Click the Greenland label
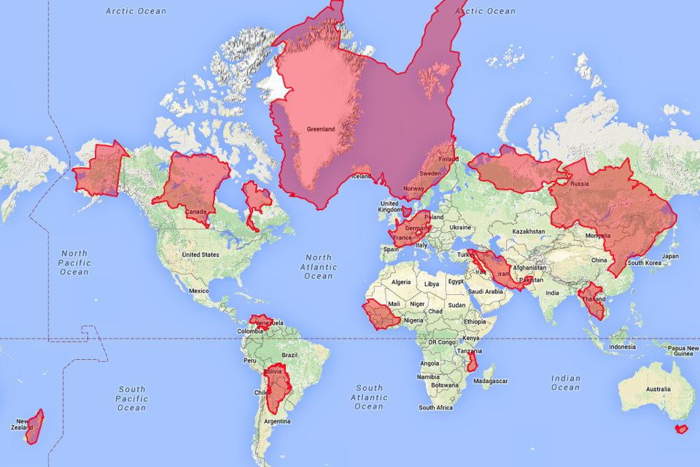[321, 129]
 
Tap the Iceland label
[362, 176]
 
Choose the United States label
[201, 255]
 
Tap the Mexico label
[199, 290]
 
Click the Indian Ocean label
[566, 383]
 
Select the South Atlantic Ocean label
[369, 397]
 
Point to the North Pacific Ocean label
[74, 263]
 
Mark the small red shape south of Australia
[682, 429]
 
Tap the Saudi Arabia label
[484, 291]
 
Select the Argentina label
[276, 422]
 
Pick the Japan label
[669, 256]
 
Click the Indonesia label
[622, 347]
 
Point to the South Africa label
[435, 407]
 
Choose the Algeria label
[402, 282]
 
